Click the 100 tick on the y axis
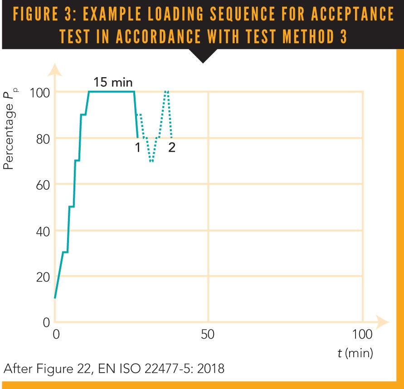click(39, 92)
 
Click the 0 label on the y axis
click(45, 323)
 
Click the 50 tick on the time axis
click(208, 335)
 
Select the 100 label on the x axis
click(362, 335)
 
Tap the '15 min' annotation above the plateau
click(113, 83)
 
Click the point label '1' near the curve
click(137, 148)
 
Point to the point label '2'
click(172, 148)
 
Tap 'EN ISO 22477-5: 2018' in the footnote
click(166, 368)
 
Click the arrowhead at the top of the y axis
click(54, 69)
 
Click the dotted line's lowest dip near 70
click(151, 161)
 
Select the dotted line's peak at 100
click(166, 92)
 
